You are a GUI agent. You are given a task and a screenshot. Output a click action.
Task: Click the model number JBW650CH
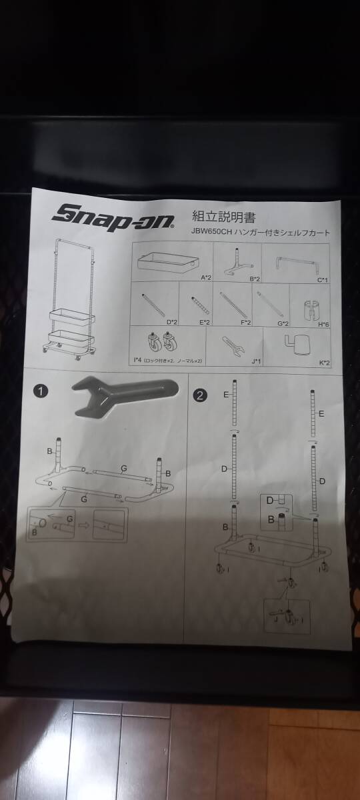tap(211, 233)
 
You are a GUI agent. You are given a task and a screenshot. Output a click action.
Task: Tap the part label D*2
tap(171, 321)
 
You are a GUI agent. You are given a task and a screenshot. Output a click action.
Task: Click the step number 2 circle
tap(198, 395)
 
